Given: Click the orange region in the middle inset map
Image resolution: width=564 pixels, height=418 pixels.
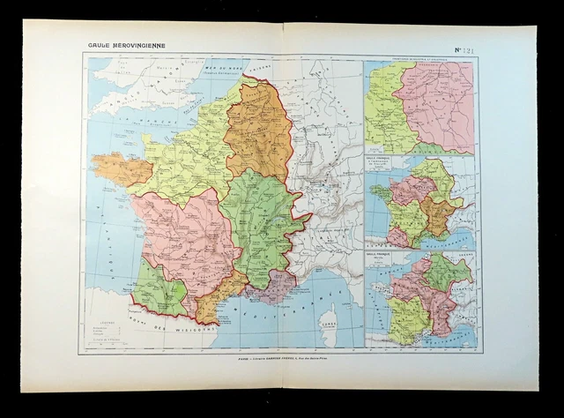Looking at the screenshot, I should [x=434, y=212].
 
